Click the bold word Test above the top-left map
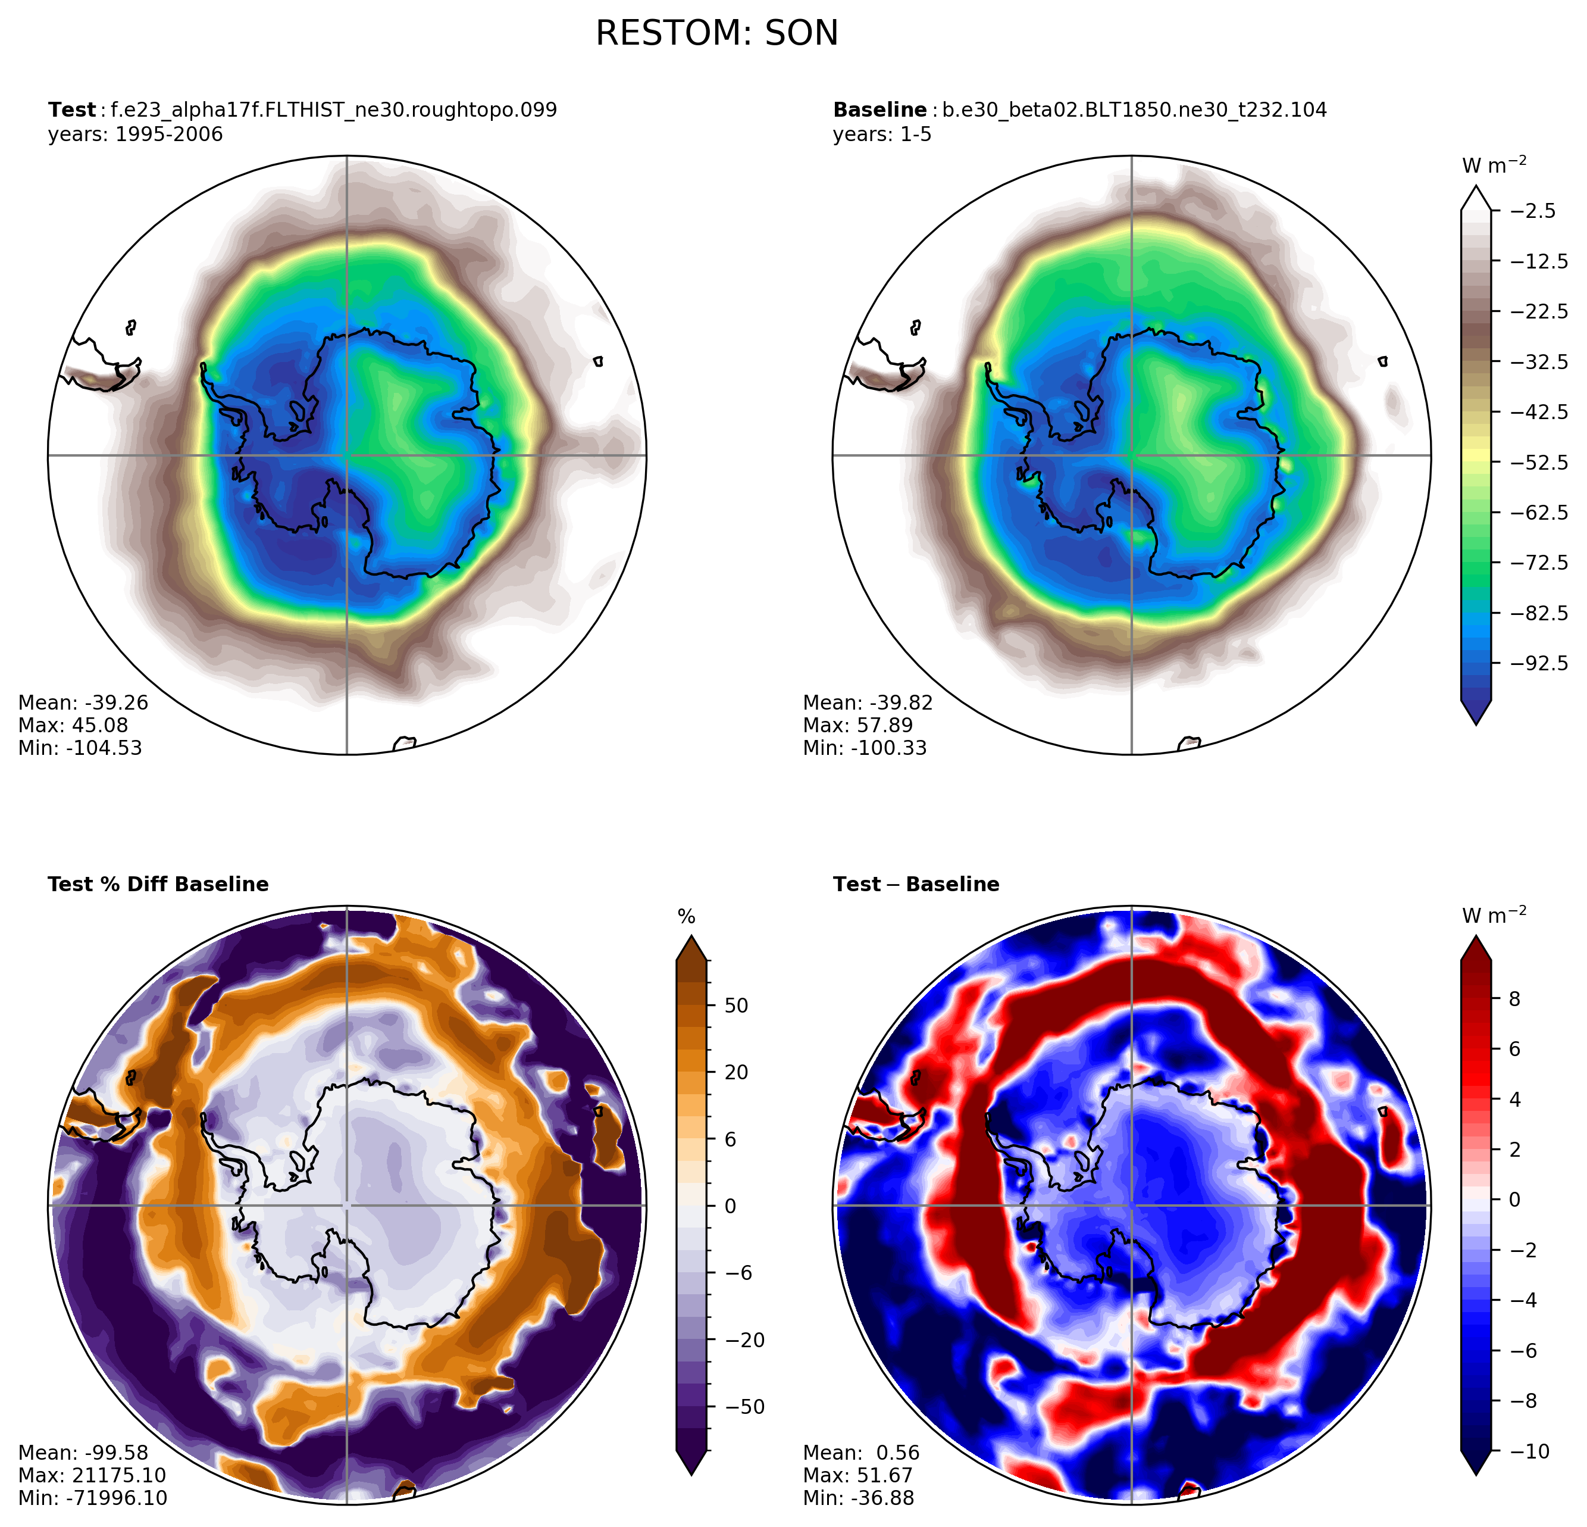[71, 110]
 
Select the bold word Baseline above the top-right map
[879, 110]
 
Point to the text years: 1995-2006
[135, 134]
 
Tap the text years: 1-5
[882, 134]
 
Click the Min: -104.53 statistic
[80, 748]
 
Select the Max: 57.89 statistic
[857, 725]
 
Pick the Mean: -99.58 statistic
[83, 1453]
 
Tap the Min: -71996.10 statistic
[92, 1498]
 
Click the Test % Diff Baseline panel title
[158, 884]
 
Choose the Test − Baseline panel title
[916, 884]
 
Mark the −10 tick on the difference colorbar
[1529, 1451]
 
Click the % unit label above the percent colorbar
[687, 917]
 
